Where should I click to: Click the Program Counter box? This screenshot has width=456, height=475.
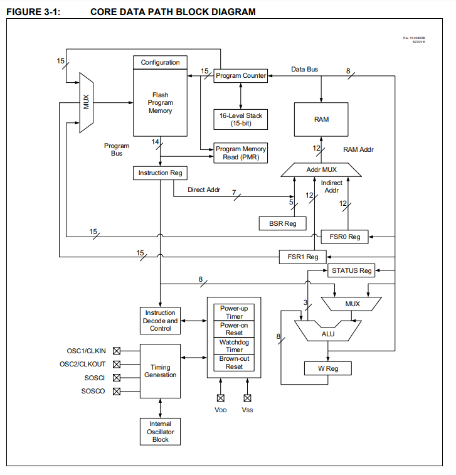(x=241, y=76)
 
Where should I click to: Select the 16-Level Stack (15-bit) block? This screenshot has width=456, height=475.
(x=241, y=119)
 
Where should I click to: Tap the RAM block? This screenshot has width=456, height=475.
(x=321, y=119)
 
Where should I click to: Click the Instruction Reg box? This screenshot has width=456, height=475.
(x=161, y=173)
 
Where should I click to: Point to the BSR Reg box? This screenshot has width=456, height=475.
(x=282, y=223)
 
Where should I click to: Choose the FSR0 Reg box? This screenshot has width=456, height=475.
(x=344, y=237)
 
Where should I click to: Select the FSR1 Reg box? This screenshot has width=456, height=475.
(x=303, y=257)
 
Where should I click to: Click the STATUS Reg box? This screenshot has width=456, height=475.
(x=351, y=270)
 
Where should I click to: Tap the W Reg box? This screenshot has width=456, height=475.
(x=327, y=368)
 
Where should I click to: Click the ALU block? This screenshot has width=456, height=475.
(x=327, y=334)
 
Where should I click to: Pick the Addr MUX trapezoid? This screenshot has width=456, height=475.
(x=321, y=169)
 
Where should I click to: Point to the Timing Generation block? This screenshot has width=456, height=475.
(x=161, y=371)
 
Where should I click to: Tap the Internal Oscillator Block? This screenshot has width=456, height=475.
(x=161, y=432)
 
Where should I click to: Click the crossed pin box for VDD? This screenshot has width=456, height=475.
(x=220, y=397)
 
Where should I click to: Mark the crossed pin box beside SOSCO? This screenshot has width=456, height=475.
(x=116, y=392)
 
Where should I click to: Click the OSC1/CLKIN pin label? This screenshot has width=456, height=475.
(x=87, y=351)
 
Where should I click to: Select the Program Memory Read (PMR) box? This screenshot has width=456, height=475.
(x=241, y=153)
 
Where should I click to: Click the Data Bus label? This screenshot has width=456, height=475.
(x=305, y=69)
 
